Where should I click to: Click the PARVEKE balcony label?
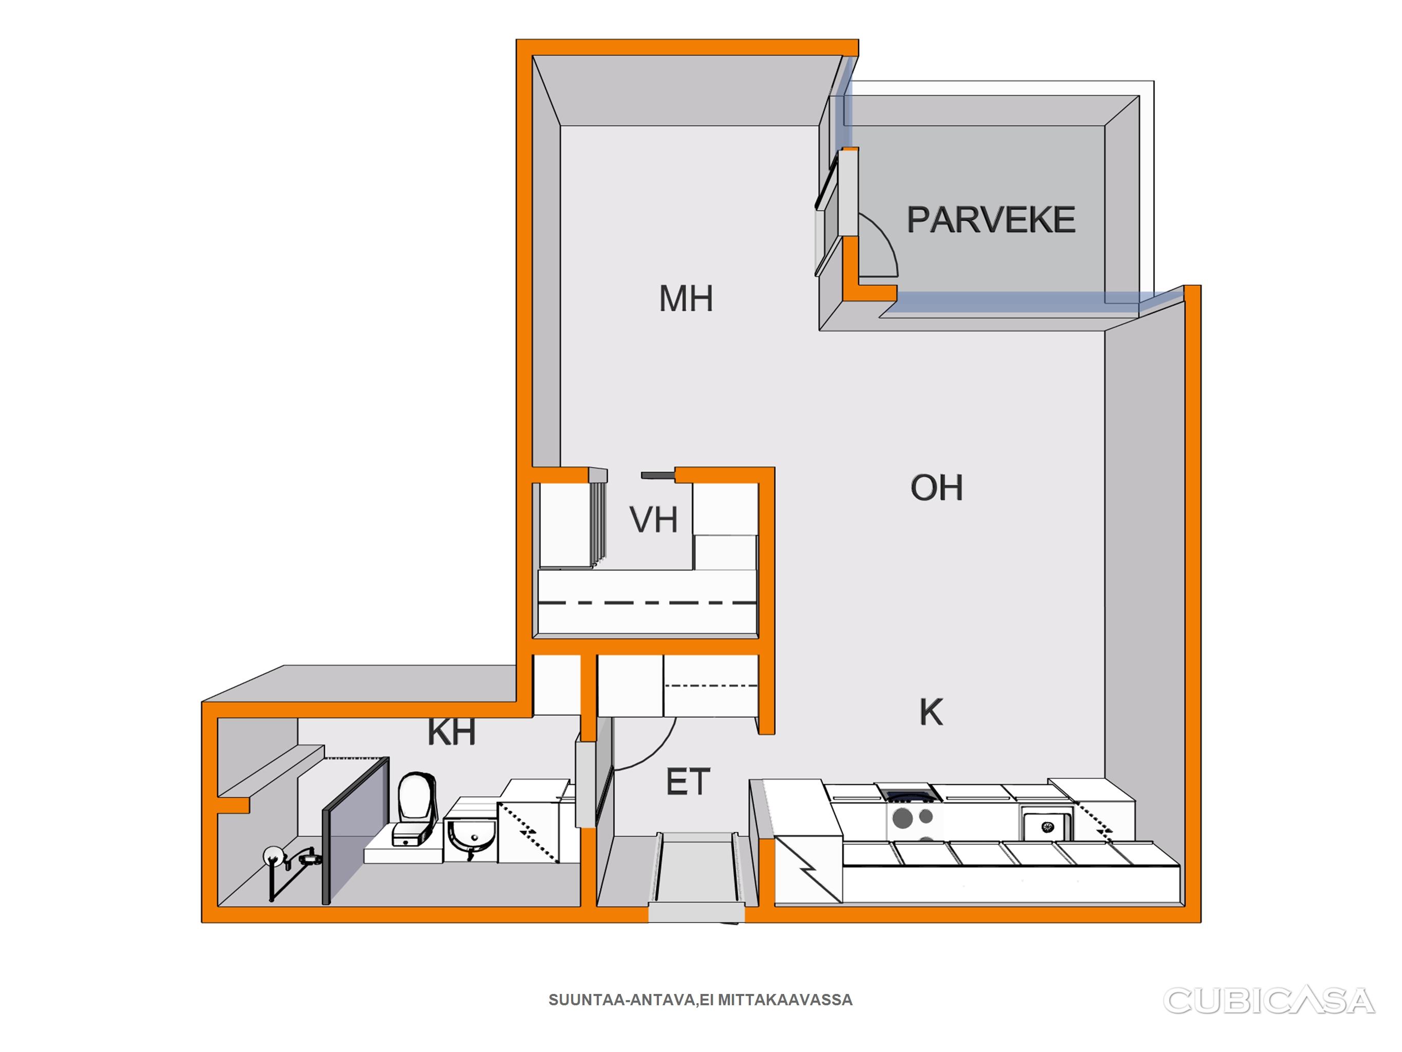[991, 219]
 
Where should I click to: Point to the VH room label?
[653, 519]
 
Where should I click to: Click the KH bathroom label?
[451, 732]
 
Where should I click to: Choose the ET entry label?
[688, 782]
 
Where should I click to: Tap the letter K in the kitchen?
[931, 712]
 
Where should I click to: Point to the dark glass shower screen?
[355, 830]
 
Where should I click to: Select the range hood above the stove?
[905, 792]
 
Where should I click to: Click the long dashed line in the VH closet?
[647, 602]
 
